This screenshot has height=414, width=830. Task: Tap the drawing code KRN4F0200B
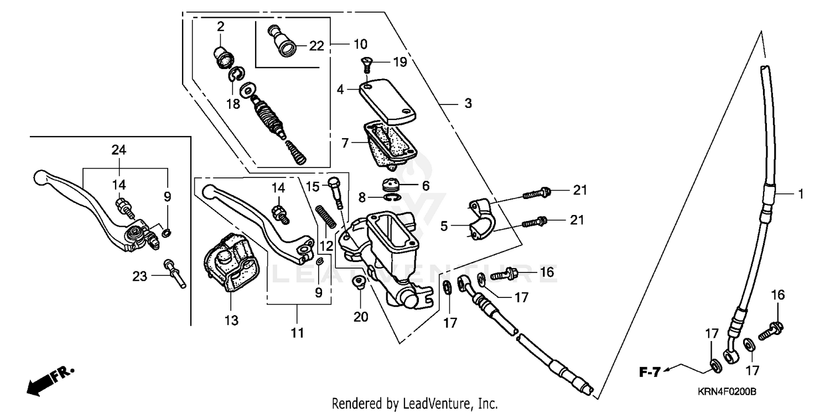click(x=727, y=392)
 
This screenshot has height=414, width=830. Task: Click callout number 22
click(x=316, y=46)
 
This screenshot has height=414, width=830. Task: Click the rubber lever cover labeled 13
click(x=230, y=263)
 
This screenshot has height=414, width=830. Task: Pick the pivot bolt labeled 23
click(x=175, y=274)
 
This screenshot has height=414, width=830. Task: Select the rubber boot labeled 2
click(x=222, y=57)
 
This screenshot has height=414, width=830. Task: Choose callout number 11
click(x=298, y=333)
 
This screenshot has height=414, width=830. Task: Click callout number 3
click(x=468, y=103)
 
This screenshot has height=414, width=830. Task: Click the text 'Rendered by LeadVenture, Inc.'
click(x=414, y=403)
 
